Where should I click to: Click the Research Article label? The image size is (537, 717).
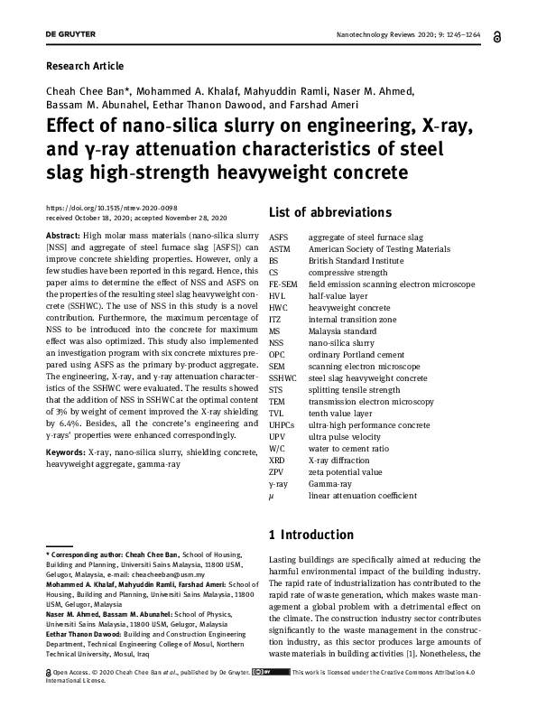84,66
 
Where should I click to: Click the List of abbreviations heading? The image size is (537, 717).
329,213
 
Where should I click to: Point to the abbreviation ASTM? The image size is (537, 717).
280,249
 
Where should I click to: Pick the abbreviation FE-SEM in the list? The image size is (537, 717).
283,284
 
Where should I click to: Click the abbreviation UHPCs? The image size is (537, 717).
283,424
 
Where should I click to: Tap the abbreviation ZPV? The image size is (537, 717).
277,471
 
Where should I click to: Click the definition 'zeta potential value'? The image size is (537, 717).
346,471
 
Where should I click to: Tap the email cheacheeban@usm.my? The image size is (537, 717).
170,574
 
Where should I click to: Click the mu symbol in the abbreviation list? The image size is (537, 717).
273,495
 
